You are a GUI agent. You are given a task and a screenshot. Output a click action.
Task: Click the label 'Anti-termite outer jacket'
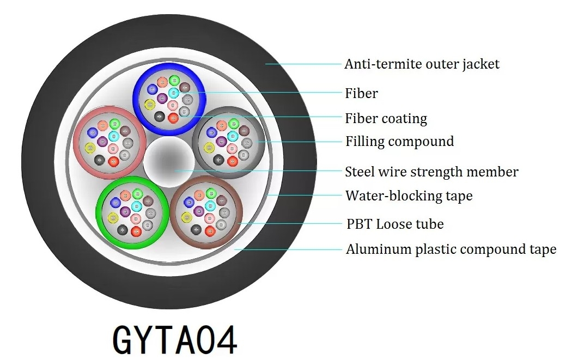[x=422, y=64]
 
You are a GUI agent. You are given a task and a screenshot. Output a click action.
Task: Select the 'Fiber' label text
[x=361, y=94]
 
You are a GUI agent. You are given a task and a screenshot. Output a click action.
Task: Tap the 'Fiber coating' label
[x=386, y=119]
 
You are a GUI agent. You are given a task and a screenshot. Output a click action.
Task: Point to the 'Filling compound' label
[x=399, y=142]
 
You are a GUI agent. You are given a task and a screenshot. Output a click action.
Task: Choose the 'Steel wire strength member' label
[x=431, y=172]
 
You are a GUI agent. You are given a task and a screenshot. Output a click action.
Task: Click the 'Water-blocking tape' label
[x=409, y=196]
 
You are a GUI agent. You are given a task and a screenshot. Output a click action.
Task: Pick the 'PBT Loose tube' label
[x=395, y=224]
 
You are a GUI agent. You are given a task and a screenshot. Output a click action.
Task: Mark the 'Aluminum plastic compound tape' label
[x=451, y=250]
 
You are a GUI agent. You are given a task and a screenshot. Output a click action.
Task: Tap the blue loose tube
[x=136, y=98]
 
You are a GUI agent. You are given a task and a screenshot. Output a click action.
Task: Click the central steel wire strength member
[x=169, y=162]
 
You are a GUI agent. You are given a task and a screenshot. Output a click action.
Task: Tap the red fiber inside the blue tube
[x=173, y=117]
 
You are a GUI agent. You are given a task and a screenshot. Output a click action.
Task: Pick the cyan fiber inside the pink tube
[x=114, y=136]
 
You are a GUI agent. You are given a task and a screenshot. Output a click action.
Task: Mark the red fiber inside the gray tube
[x=233, y=161]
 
